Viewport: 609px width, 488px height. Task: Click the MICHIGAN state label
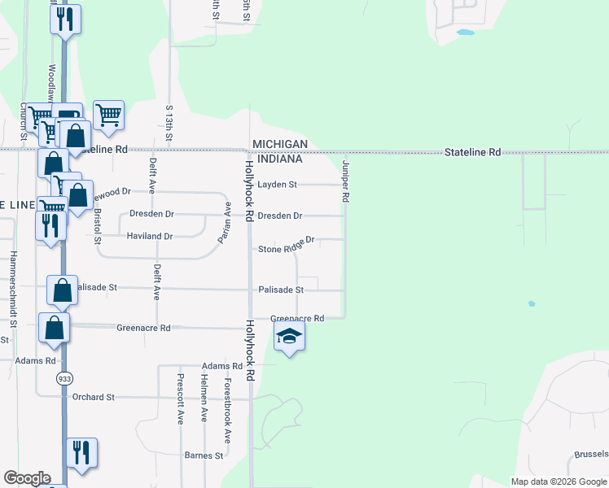coord(279,144)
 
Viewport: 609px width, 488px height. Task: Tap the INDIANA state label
coord(279,159)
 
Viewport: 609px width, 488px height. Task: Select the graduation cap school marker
coord(289,337)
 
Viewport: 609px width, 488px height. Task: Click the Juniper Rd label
coord(346,181)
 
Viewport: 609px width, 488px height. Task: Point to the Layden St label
coord(277,185)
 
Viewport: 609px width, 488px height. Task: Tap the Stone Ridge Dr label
coord(287,246)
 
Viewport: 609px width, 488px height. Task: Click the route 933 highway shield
coord(64,378)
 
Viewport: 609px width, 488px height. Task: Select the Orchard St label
coord(93,397)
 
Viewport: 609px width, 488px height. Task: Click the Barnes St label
coord(204,455)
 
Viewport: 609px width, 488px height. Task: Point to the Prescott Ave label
coord(180,399)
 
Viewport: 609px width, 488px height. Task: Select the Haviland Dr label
coord(150,236)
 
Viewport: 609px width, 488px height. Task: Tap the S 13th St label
coord(169,123)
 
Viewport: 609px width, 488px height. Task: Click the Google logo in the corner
coord(27,478)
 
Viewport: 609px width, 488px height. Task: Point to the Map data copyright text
coord(559,481)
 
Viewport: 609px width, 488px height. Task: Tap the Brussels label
coord(591,454)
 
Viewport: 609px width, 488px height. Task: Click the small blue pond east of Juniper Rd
coord(532,303)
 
